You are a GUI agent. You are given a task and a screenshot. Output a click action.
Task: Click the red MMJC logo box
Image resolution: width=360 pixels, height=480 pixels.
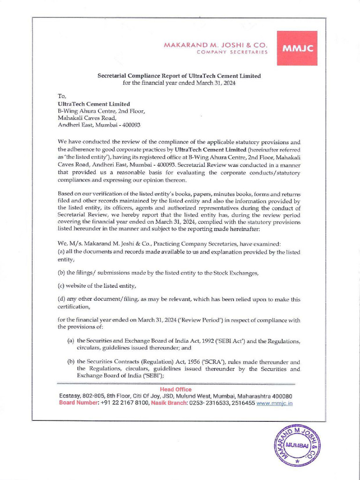coord(297,48)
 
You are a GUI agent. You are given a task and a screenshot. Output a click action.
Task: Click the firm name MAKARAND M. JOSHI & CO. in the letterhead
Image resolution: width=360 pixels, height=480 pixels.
coord(216,45)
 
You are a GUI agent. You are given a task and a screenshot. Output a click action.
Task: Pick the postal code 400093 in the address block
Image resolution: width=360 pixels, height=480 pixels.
coord(131,125)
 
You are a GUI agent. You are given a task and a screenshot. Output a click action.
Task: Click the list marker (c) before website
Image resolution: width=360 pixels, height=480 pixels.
coord(61,286)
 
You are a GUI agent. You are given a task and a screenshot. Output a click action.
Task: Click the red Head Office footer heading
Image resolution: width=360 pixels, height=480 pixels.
coord(176,390)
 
